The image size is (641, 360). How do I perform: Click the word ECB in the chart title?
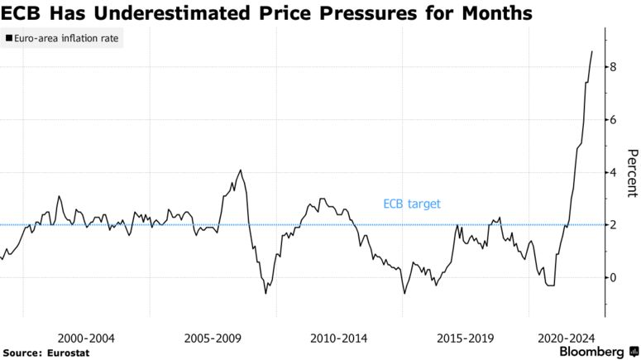point(24,13)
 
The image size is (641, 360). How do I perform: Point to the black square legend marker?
point(7,39)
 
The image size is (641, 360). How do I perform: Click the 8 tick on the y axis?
point(613,67)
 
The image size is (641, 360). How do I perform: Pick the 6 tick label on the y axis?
point(613,120)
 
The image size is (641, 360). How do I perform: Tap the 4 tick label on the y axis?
point(613,172)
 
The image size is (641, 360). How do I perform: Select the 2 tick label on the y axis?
point(613,225)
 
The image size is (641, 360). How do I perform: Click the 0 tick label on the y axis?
point(613,277)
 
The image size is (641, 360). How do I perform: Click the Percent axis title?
point(632,173)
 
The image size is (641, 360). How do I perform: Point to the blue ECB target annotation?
point(412,204)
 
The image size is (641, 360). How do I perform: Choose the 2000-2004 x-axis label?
point(86,338)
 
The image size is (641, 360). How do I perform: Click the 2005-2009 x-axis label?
point(212,338)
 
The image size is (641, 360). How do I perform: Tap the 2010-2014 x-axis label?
point(339,338)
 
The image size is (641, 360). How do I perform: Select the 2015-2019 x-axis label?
point(465,338)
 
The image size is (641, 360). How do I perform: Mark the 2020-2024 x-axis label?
point(567,338)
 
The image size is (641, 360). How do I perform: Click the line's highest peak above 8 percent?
point(592,51)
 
